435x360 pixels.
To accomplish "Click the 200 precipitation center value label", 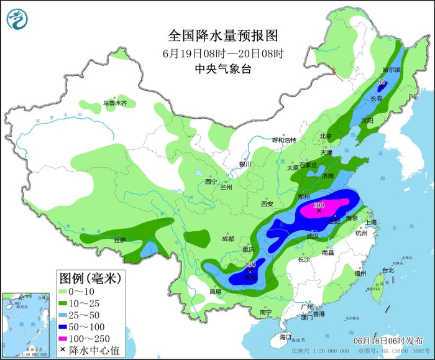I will point(320,205).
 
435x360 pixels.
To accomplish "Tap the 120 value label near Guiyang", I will point(250,265).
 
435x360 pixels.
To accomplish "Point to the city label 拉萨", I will point(120,239).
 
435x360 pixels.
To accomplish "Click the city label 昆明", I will point(215,292).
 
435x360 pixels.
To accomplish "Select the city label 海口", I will point(285,336).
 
